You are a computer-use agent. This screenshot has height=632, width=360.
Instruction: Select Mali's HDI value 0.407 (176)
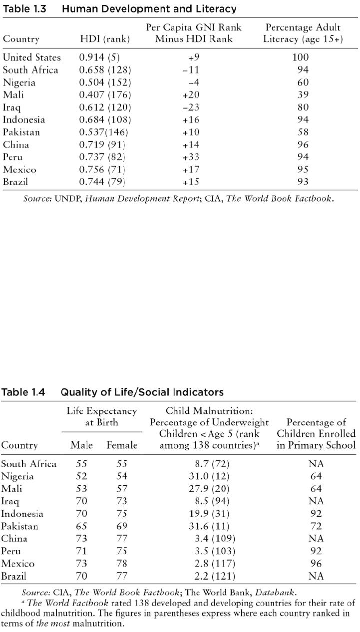[105, 95]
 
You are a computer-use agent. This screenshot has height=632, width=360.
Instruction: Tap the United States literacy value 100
[301, 57]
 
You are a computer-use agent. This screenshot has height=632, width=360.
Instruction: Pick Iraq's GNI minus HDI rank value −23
[191, 107]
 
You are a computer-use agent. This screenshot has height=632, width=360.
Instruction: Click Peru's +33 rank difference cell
[191, 157]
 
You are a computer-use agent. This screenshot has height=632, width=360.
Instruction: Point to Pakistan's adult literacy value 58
[303, 132]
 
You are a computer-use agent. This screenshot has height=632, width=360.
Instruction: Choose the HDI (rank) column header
[105, 39]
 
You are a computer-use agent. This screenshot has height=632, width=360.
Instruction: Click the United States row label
[32, 57]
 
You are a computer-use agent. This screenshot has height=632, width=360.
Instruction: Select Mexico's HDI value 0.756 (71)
[102, 169]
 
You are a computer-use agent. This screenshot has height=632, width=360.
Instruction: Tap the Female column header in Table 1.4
[122, 445]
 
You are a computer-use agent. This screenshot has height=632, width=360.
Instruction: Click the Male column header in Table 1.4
[82, 445]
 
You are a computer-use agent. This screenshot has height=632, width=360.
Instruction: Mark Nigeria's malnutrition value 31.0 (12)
[209, 476]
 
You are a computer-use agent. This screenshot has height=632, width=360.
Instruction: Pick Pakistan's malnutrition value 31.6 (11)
[209, 526]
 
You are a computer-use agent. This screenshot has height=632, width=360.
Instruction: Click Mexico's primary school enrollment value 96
[316, 564]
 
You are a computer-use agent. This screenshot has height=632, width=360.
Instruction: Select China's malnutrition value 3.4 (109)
[215, 539]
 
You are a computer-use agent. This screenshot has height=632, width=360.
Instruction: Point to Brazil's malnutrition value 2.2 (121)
[215, 576]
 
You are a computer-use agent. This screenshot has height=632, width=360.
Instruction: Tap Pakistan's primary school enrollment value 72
[316, 526]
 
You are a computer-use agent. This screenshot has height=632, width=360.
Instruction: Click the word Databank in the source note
[275, 592]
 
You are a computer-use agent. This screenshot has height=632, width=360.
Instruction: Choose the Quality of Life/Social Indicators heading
[142, 392]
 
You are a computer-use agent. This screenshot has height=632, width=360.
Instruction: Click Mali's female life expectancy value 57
[122, 489]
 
